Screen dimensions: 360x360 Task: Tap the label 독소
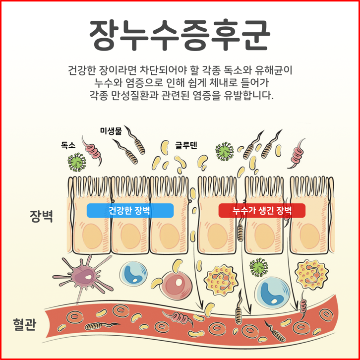coord(68,145)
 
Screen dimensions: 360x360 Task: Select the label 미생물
coord(111,130)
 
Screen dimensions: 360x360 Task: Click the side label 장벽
coord(41,217)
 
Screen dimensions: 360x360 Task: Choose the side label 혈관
coord(24,326)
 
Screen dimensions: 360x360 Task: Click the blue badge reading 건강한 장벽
coord(130,211)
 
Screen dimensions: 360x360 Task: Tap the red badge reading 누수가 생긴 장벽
coord(262,211)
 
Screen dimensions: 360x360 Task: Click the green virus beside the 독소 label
coord(77,162)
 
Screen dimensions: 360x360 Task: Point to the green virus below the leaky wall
coord(258,268)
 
